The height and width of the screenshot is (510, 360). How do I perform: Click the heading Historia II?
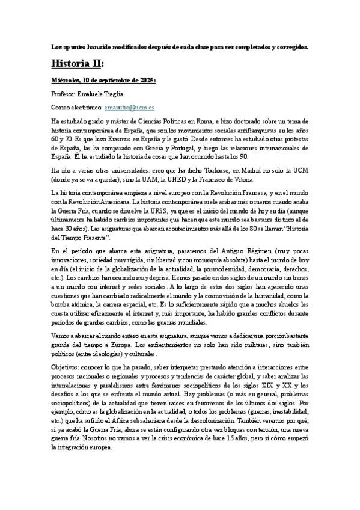(78, 63)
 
